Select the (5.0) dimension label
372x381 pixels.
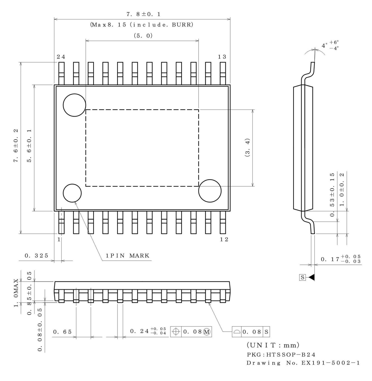(143, 36)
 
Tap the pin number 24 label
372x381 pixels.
(61, 57)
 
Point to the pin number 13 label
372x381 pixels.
(222, 57)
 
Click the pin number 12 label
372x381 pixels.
(224, 239)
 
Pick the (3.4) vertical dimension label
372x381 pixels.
(247, 147)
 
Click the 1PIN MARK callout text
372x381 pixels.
(128, 256)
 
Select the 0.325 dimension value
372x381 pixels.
(36, 256)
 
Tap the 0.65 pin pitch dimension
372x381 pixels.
(63, 332)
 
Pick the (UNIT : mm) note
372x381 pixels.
(273, 345)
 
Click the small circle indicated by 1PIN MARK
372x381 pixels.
(72, 193)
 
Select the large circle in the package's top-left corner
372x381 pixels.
(74, 105)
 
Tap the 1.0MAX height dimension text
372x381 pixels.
(16, 293)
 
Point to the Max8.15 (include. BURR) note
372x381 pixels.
(142, 25)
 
